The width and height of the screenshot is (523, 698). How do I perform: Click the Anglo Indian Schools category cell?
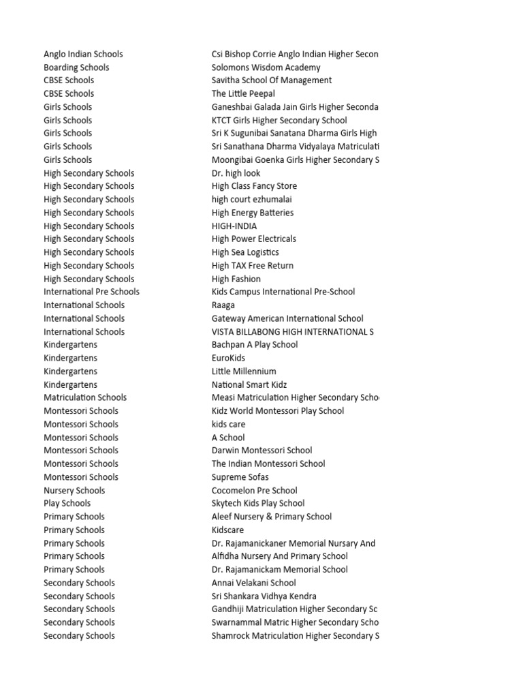pos(83,54)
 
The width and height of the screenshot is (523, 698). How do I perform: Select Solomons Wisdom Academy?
pos(266,67)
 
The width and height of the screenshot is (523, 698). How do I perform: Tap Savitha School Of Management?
pos(272,80)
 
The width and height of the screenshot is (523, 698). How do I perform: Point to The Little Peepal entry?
pos(243,93)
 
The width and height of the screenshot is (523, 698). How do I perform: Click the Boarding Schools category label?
pos(76,67)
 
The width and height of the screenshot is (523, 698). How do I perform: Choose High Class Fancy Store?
pos(254,186)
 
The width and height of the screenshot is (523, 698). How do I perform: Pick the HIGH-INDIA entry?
pos(234,226)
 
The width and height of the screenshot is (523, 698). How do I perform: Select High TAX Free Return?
pos(253,265)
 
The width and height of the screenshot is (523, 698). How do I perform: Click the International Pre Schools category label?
pos(91,292)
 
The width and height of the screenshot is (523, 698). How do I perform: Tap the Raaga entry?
pos(223,305)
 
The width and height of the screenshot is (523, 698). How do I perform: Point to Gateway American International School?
pos(287,318)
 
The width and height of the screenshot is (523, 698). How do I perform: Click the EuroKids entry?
pos(228,358)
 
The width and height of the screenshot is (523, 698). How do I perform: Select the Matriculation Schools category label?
pos(85,397)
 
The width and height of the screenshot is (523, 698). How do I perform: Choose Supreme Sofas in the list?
pos(240,477)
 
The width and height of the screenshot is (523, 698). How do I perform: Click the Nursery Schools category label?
pos(74,490)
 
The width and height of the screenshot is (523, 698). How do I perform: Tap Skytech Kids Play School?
pos(258,503)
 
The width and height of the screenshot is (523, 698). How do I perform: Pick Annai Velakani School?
pos(254,583)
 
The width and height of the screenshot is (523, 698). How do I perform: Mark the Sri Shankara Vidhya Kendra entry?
pos(264,596)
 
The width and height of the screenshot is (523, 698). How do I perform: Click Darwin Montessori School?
pos(261,450)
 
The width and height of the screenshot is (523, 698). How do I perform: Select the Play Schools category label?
pos(67,503)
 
